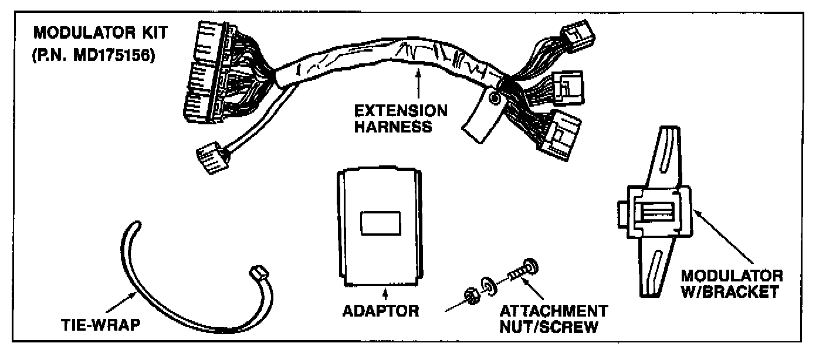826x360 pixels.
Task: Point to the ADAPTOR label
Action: [381, 310]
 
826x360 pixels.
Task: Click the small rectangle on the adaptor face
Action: [380, 225]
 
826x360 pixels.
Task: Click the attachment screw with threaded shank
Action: [519, 270]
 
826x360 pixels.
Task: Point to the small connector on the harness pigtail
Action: [210, 157]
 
